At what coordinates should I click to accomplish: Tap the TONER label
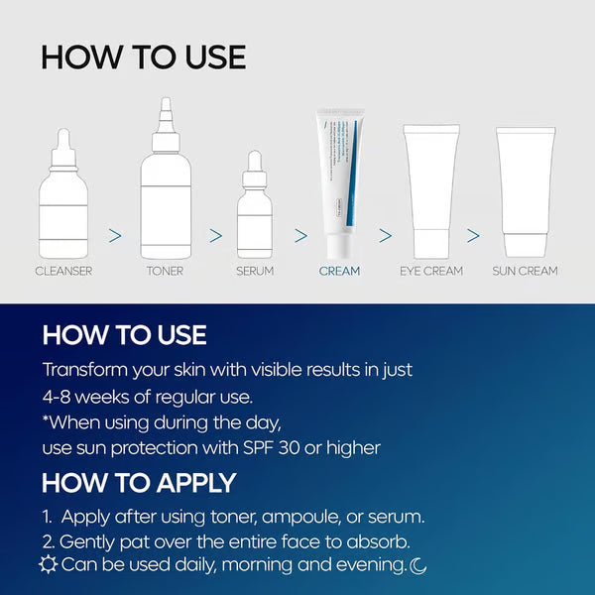(x=165, y=271)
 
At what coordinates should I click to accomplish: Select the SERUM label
(x=255, y=271)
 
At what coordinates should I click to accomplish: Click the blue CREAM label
(x=339, y=271)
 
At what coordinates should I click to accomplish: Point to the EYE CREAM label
(x=431, y=271)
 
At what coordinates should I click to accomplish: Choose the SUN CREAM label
(x=525, y=271)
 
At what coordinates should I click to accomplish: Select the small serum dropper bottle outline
(x=255, y=213)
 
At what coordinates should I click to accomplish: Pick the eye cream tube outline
(x=430, y=188)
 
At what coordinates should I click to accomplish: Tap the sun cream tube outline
(x=525, y=188)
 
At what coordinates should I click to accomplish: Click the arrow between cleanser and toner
(x=115, y=236)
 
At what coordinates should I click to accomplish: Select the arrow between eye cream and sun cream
(x=473, y=236)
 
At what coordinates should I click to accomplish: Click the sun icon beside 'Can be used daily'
(x=47, y=565)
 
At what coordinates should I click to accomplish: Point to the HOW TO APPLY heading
(x=139, y=483)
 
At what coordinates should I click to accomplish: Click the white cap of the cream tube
(x=339, y=246)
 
